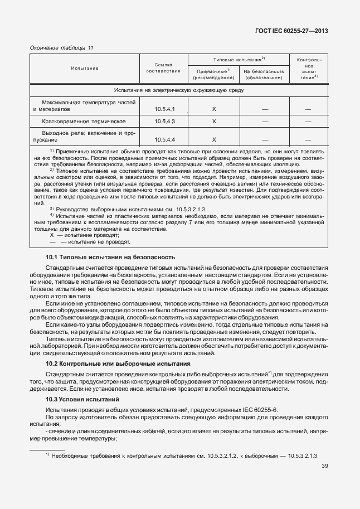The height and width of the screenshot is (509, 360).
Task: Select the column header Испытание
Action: point(85,68)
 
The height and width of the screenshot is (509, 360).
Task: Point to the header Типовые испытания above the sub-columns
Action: point(239,59)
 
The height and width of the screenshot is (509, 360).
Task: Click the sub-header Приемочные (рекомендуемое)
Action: point(213,74)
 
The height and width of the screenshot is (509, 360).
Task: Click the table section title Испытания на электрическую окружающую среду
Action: point(178,90)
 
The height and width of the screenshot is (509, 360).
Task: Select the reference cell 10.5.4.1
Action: point(164,109)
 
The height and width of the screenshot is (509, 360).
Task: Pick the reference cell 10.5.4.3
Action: point(164,121)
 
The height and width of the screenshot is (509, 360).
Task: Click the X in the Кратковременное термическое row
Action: point(214,121)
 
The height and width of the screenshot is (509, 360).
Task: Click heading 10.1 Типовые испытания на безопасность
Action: point(110,257)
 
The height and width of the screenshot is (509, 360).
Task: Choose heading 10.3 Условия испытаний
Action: point(82,400)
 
